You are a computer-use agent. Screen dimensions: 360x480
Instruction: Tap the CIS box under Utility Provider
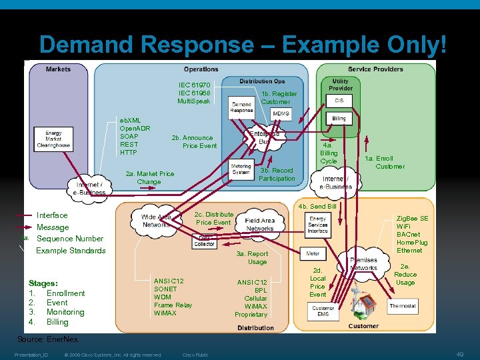point(339,101)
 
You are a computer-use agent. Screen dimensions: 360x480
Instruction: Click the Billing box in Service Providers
point(339,118)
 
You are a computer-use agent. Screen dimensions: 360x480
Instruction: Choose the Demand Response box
point(241,107)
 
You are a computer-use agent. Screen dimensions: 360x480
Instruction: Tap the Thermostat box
point(402,306)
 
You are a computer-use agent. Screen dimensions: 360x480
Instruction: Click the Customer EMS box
point(323,311)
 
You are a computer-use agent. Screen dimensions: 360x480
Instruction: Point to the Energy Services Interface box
point(317,225)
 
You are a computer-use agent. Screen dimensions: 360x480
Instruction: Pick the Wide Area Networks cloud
point(157,221)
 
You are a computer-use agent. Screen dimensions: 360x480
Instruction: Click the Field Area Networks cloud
point(259,225)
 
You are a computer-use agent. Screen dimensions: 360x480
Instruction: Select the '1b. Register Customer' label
point(279,98)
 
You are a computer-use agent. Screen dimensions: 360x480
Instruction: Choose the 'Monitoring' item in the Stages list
point(65,312)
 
